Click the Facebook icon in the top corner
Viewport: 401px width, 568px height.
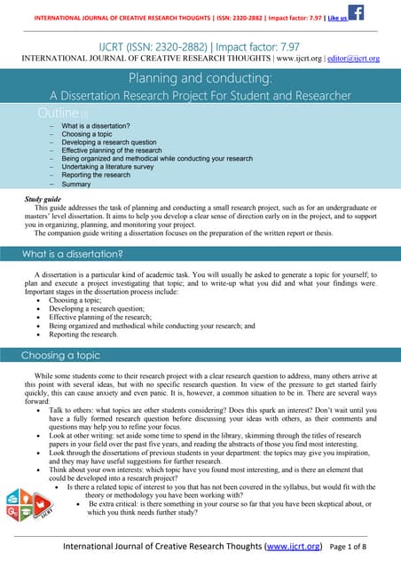pos(355,12)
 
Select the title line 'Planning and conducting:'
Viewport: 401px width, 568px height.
pos(200,78)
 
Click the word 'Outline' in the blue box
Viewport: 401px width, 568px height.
pos(59,114)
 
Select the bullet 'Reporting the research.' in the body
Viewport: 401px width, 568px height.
pos(83,335)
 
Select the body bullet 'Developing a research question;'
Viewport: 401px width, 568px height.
pos(100,307)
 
